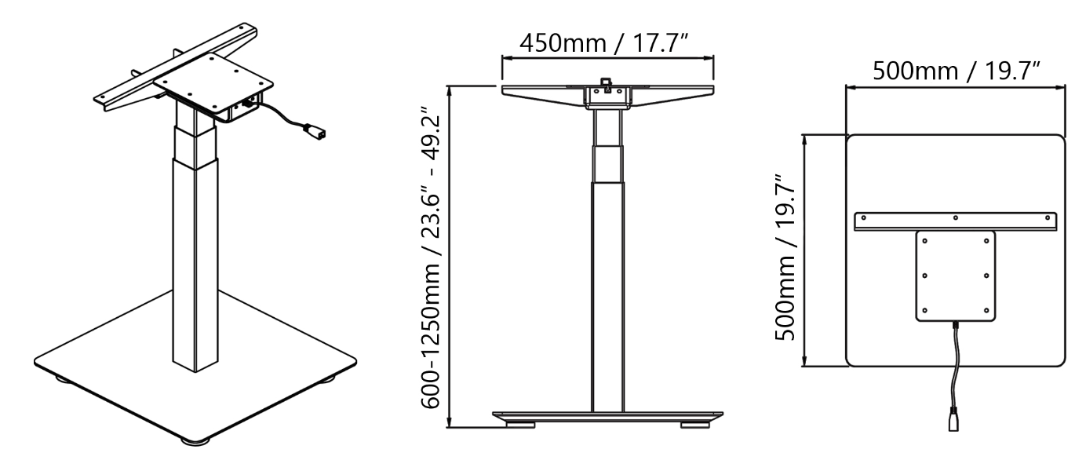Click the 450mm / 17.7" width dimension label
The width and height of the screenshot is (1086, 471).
point(607,41)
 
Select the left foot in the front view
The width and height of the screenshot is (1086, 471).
point(519,425)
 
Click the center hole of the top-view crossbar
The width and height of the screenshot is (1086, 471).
point(955,217)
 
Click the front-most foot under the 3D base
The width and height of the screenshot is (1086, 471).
point(191,442)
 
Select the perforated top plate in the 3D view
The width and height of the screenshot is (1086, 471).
point(213,81)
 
